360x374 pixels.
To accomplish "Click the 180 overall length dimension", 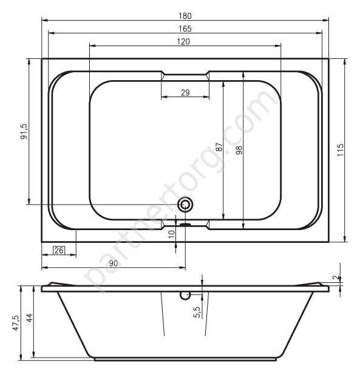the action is [185, 16].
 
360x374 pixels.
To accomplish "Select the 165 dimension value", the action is [185, 29].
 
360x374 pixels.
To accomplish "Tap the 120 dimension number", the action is [183, 42].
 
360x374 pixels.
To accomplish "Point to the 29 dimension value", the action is [185, 92].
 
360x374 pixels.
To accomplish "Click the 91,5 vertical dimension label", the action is [24, 131].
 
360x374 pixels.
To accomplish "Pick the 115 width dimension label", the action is [341, 150].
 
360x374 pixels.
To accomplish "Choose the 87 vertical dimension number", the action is [219, 147].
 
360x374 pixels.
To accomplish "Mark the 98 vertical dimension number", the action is [239, 151].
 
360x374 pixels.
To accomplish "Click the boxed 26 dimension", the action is [59, 250].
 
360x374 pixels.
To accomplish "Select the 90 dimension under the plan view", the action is [114, 263].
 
